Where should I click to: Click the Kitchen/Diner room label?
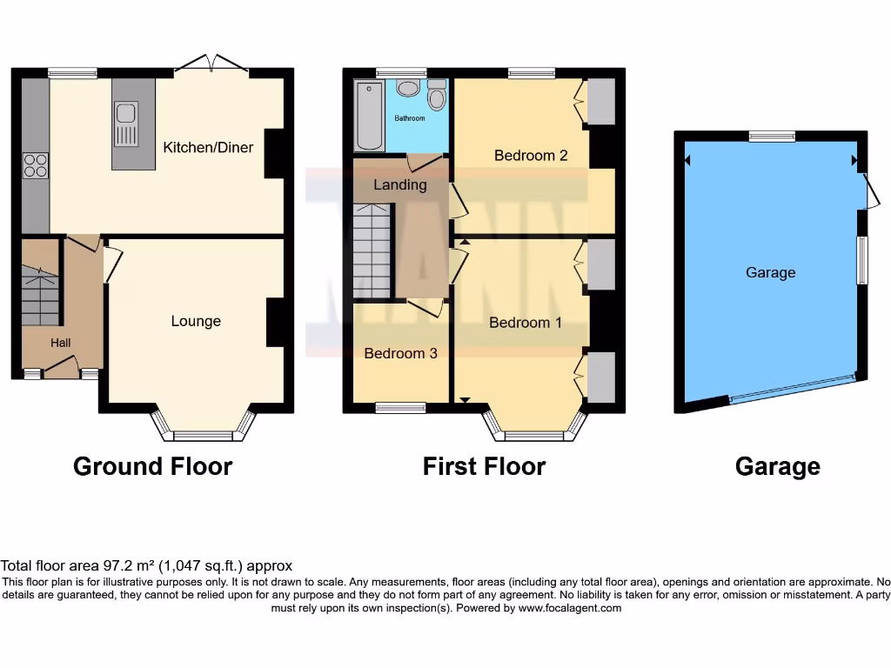[208, 147]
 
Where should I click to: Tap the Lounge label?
[196, 321]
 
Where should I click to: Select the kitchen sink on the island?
[125, 121]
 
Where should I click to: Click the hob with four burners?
[36, 165]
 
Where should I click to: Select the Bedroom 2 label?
[531, 156]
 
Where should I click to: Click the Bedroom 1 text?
[526, 323]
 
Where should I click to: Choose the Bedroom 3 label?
[400, 353]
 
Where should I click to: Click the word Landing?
[400, 184]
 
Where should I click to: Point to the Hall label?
[60, 343]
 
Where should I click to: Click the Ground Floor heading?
[152, 466]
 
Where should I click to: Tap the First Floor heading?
[484, 466]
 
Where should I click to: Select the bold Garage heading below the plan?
[777, 466]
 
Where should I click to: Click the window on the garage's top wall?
[773, 135]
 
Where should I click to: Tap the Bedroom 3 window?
[400, 407]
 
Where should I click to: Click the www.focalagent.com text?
[570, 609]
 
